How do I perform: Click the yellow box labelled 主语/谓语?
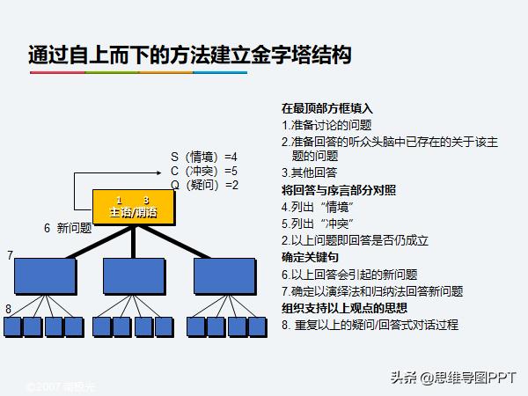pos(134,208)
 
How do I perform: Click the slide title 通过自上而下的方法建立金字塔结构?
pos(189,55)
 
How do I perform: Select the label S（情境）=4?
pos(204,157)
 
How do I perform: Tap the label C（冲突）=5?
pos(204,171)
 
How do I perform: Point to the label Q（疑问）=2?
pos(204,185)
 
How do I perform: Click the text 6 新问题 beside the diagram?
pos(68,228)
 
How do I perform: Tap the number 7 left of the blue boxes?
pos(10,255)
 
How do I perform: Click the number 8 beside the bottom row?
pos(8,309)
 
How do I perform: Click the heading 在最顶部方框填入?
pos(327,109)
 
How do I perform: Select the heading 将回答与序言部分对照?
pos(339,189)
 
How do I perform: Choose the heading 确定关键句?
pos(310,257)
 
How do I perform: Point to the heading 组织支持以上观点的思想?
pos(344,308)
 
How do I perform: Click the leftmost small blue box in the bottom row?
pos(13,326)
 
